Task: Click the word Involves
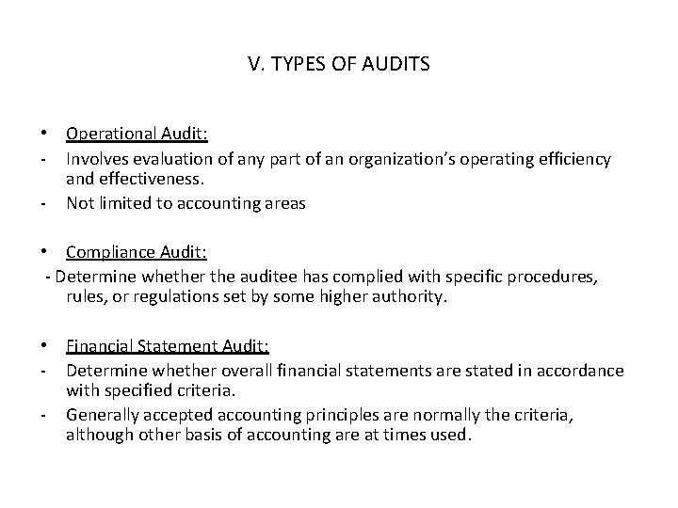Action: pyautogui.click(x=96, y=160)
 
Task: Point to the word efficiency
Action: pyautogui.click(x=572, y=160)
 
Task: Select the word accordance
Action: pyautogui.click(x=580, y=370)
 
